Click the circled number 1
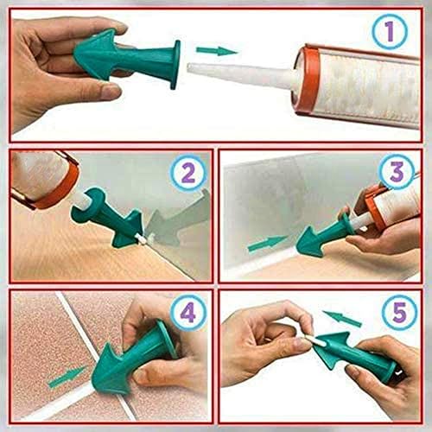(x=389, y=32)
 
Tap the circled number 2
(x=188, y=172)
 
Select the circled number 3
(x=397, y=172)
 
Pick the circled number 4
(x=187, y=313)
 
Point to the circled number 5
(x=399, y=312)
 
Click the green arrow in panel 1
(x=217, y=51)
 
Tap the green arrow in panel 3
(x=268, y=244)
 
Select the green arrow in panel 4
(x=68, y=376)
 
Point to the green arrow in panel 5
(x=342, y=318)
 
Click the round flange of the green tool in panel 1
(x=175, y=65)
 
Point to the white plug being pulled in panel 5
(x=316, y=341)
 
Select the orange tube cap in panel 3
(x=373, y=200)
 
